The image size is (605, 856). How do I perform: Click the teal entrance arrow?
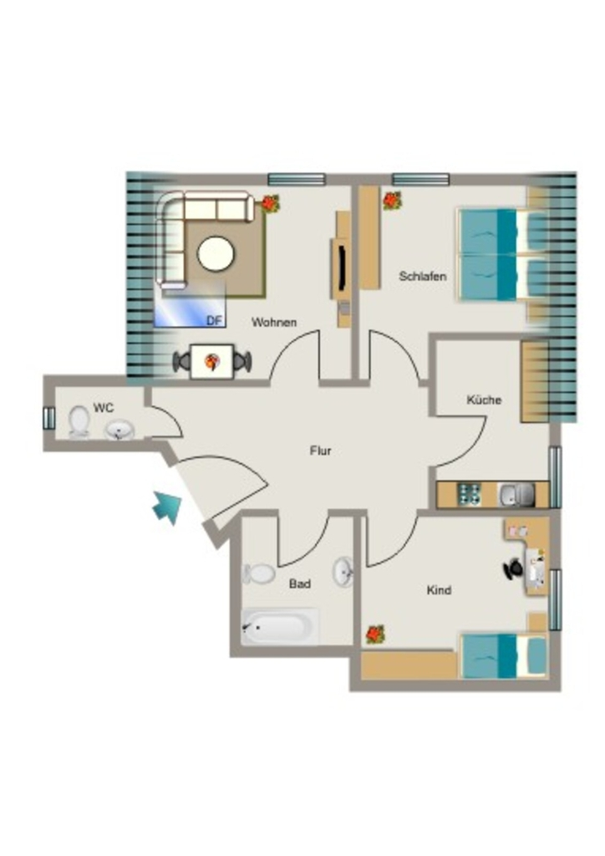click(x=168, y=507)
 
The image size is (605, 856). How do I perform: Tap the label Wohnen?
click(x=274, y=322)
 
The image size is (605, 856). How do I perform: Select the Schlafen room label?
click(x=423, y=276)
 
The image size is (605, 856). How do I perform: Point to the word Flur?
click(x=320, y=451)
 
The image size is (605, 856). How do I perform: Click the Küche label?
click(x=484, y=400)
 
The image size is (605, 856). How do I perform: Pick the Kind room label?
click(x=439, y=590)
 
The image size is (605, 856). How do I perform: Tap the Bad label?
click(x=300, y=583)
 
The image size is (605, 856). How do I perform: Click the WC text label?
click(x=104, y=408)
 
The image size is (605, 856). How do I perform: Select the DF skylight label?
click(x=215, y=321)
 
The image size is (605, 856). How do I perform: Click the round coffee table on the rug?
click(x=216, y=254)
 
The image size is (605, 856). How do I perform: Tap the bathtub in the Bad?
click(x=279, y=626)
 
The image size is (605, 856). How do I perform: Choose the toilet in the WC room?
click(x=79, y=422)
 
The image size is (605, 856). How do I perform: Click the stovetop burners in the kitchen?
click(x=469, y=495)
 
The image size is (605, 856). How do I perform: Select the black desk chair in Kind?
click(x=513, y=569)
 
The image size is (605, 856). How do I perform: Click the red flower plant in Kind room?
click(x=375, y=634)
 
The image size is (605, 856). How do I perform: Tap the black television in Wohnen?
click(x=342, y=268)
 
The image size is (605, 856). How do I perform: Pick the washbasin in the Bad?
click(x=343, y=571)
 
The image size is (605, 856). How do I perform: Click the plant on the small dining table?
click(x=211, y=361)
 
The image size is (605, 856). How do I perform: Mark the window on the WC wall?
click(x=49, y=418)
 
